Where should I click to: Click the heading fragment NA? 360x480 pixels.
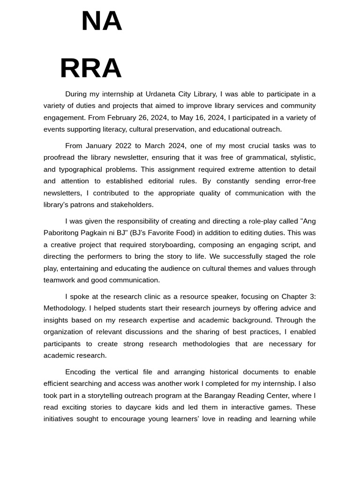pos(101,22)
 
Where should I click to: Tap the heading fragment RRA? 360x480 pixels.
pos(90,68)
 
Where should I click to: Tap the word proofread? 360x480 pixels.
pos(60,157)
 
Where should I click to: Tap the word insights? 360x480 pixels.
pos(57,320)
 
